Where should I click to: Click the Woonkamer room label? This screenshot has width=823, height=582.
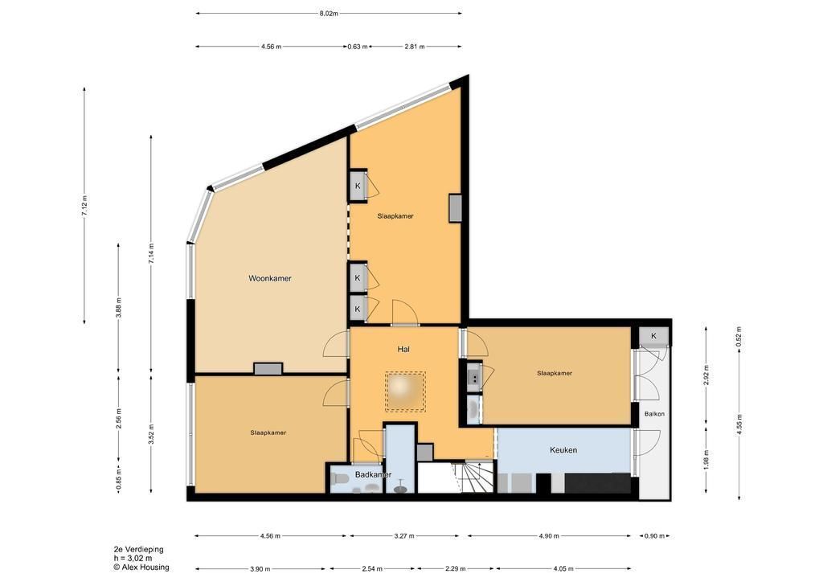tap(270, 279)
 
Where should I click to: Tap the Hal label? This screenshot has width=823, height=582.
tap(403, 349)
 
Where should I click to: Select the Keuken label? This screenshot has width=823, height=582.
tap(563, 450)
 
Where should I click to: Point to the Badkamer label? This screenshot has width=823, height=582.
tap(373, 475)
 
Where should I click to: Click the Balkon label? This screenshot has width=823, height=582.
tap(654, 414)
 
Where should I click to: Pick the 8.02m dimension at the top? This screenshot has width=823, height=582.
tap(329, 14)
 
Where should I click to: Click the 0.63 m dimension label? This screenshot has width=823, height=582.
tap(358, 47)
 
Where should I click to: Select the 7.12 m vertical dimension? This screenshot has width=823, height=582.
tap(85, 205)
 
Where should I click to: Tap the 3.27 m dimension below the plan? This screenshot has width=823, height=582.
tap(404, 536)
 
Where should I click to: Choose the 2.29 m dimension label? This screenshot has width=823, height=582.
tap(455, 569)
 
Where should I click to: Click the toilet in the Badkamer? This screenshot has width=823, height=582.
tap(339, 480)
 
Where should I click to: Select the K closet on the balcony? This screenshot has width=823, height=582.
tap(654, 336)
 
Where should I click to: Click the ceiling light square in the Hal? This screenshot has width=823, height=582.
tap(405, 391)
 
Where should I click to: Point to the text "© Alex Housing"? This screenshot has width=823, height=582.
tap(141, 568)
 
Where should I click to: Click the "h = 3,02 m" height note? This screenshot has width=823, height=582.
tap(133, 559)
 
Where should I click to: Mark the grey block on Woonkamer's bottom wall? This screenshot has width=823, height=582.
tap(268, 369)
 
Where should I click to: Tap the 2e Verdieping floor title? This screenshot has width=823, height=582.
tap(138, 550)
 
